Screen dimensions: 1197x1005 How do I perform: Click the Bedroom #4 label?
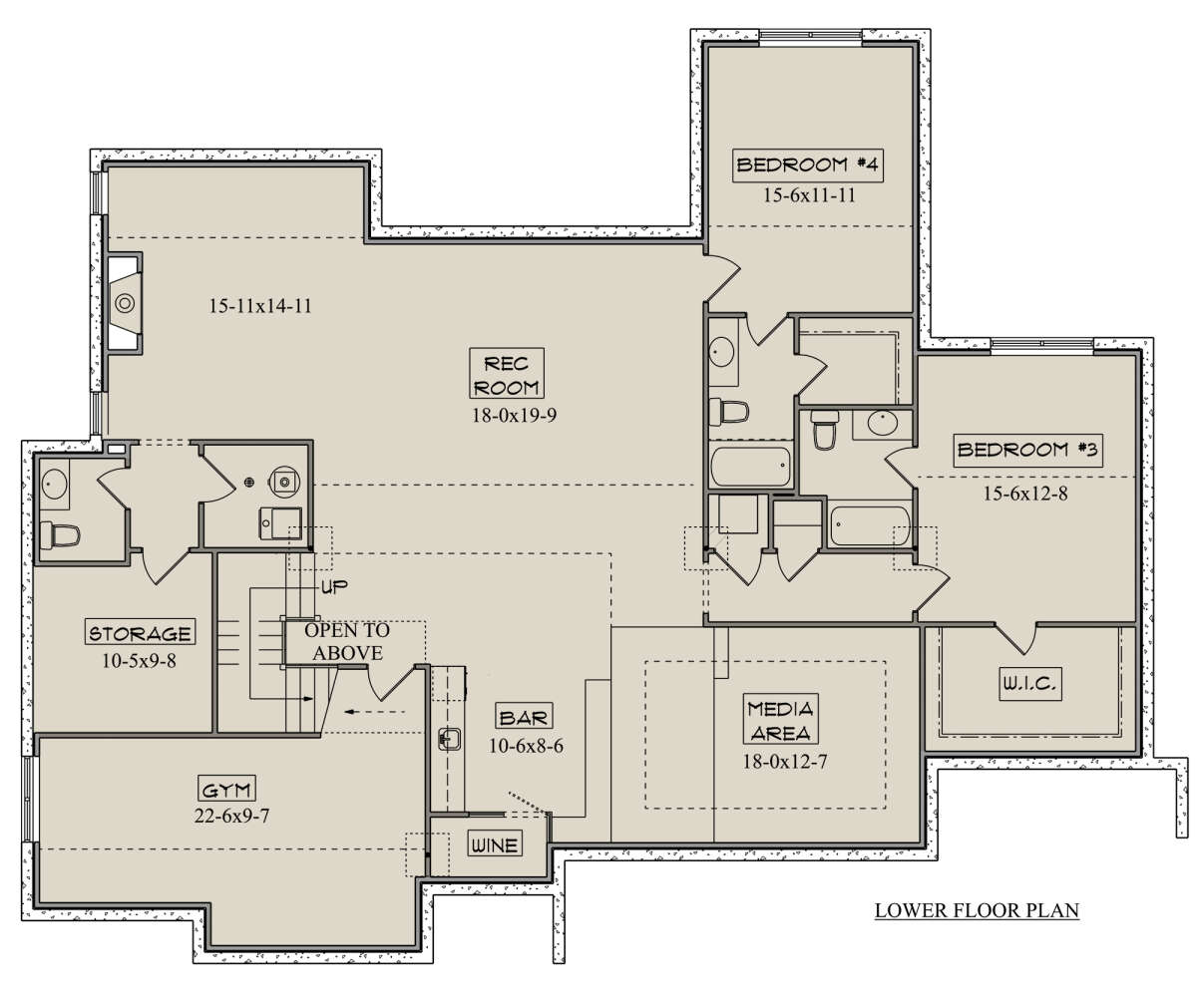[x=808, y=166]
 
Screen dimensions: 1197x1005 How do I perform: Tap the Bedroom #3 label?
[x=1027, y=450]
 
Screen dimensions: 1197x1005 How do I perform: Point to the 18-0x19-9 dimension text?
[x=515, y=415]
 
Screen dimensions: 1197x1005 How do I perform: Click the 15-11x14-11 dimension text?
[x=260, y=306]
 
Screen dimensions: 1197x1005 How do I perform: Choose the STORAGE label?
[x=140, y=632]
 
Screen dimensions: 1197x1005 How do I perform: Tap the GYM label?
[x=226, y=789]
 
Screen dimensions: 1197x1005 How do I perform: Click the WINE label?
[x=495, y=844]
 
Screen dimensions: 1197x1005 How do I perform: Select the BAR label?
[x=524, y=717]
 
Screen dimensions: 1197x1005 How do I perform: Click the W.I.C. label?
[x=1030, y=684]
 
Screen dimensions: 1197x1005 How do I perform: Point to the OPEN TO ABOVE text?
[x=347, y=642]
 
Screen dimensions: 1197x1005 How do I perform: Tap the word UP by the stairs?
[x=335, y=586]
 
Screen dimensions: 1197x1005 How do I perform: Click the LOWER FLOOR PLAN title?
[x=977, y=909]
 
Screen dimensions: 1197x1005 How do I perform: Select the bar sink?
[x=450, y=738]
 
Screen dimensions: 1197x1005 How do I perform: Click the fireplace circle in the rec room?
[x=125, y=303]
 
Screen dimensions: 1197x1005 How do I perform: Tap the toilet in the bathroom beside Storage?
[x=60, y=534]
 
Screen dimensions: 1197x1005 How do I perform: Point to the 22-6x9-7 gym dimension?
[x=231, y=815]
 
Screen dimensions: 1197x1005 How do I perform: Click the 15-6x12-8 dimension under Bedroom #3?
[x=1025, y=494]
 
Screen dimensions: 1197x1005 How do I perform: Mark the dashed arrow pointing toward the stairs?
[x=375, y=712]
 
